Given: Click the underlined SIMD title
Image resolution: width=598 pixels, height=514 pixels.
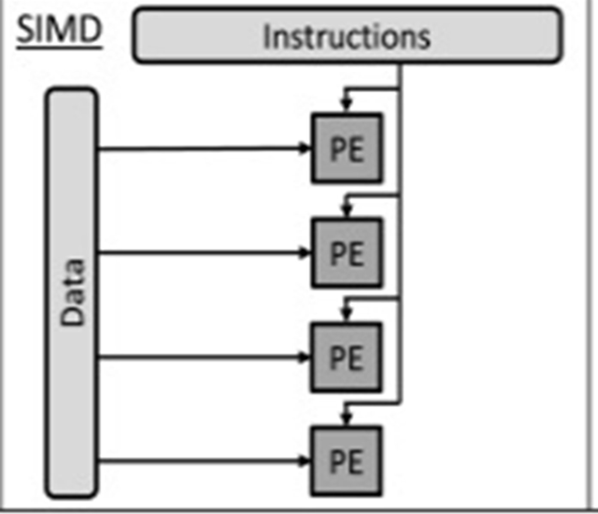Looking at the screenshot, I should coord(59,30).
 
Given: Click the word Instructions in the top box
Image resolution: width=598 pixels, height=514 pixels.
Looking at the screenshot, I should coord(347,37).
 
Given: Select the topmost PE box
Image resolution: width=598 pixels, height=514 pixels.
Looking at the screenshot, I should coord(347,148).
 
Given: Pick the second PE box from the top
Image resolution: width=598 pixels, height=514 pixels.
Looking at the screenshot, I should coord(347,253).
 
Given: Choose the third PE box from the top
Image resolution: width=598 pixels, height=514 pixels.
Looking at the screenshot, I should coord(347,357).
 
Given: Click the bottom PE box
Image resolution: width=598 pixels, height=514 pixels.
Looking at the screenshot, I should coord(347,461).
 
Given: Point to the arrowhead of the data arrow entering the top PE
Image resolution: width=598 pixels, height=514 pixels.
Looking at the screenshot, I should coord(305,148).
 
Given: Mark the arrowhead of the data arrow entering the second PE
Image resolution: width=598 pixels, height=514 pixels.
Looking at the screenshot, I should coord(305,253).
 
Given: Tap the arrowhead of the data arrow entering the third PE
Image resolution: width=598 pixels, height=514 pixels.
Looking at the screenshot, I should coord(305,357).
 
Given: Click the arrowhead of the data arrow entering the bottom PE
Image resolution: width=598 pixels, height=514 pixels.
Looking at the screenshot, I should coord(305,461).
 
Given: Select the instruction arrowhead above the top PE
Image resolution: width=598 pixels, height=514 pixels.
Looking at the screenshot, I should coord(347,104).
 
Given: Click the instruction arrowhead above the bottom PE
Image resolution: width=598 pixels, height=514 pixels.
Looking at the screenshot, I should coord(347,417).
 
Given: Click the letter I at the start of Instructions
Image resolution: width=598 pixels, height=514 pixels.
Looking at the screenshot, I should coord(266,37).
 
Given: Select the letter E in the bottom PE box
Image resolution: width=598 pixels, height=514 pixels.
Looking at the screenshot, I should coord(356,462).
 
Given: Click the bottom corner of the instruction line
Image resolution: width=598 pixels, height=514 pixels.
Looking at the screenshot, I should coord(400,403).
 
